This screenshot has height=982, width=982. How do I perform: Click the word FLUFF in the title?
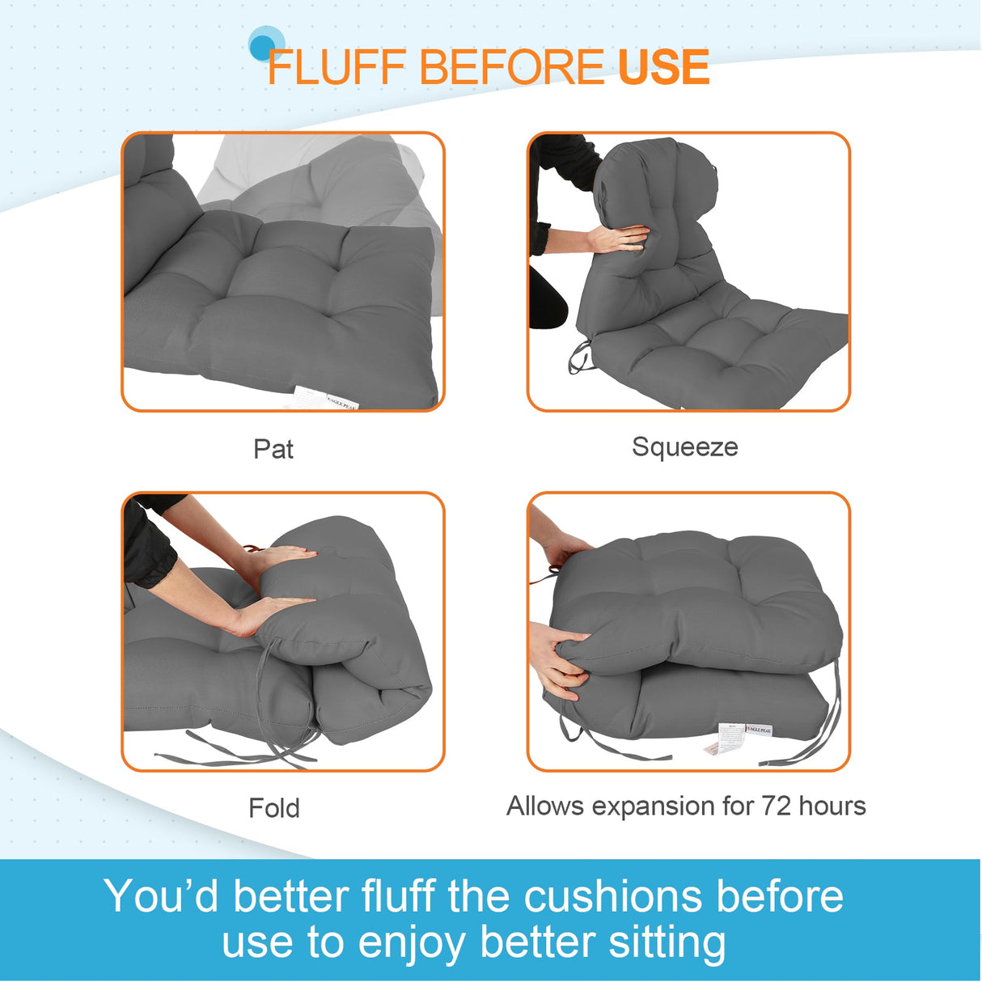tap(337, 67)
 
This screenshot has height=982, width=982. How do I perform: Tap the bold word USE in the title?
tap(663, 67)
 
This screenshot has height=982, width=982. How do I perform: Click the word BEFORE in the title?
tap(511, 67)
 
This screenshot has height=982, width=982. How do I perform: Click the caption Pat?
tap(273, 449)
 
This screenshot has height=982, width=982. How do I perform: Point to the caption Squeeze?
tap(684, 447)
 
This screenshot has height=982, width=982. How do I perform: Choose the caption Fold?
tap(274, 807)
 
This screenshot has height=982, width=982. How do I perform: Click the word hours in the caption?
tap(832, 806)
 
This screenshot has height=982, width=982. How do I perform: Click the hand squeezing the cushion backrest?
tap(619, 238)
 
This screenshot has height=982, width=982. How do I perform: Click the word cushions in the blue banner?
tap(612, 896)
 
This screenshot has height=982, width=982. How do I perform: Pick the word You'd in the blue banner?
tap(161, 896)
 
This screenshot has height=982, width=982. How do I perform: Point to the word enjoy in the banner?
tap(413, 944)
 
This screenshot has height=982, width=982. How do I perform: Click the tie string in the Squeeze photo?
tap(579, 356)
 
